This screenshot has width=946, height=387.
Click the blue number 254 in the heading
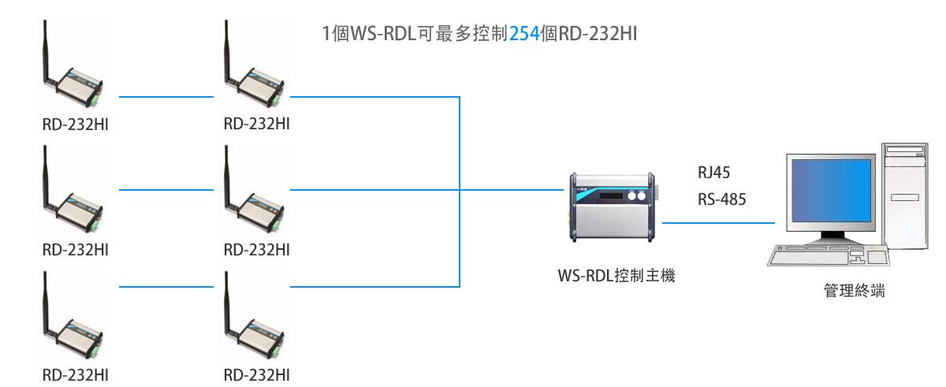(x=525, y=34)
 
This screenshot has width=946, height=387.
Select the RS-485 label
(x=721, y=199)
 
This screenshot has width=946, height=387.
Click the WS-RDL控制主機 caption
(x=616, y=277)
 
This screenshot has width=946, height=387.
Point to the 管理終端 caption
(x=854, y=291)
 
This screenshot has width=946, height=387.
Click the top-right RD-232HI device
(x=255, y=79)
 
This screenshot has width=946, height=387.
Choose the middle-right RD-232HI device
(x=255, y=203)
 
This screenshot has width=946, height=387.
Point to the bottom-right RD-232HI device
(x=255, y=329)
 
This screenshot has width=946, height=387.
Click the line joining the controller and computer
(x=717, y=222)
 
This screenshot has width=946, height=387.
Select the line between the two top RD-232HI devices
(x=166, y=97)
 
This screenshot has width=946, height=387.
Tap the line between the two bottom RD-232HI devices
(x=166, y=285)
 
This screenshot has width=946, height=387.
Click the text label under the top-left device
(x=76, y=124)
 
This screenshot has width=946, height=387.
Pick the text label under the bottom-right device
(x=257, y=374)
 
